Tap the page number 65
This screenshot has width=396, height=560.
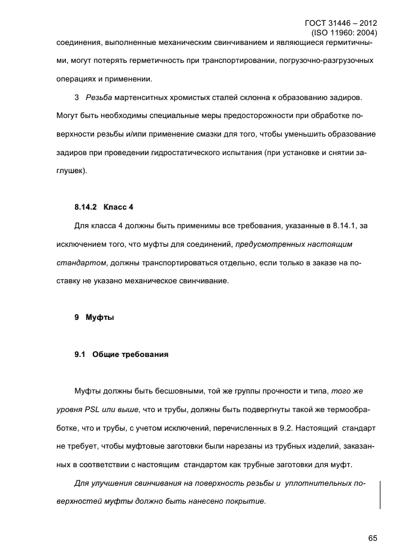tap(372, 538)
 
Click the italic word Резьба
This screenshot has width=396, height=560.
tap(99, 96)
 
